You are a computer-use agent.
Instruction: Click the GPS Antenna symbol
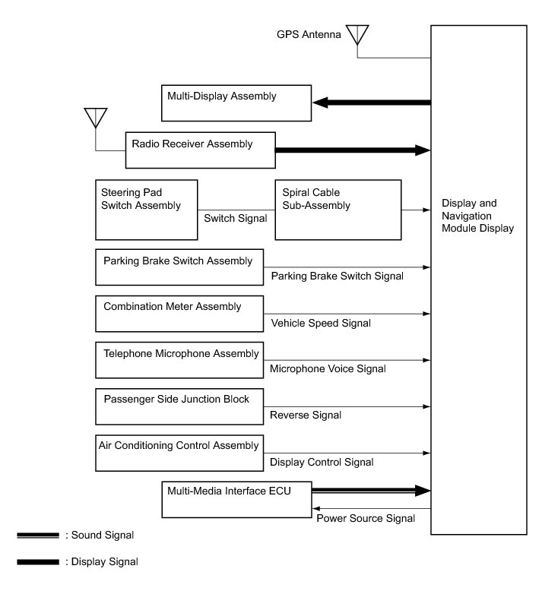(357, 35)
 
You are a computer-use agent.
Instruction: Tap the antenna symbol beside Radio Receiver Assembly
(95, 118)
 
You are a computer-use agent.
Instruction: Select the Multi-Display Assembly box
(236, 103)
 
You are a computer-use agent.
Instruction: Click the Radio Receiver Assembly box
(200, 149)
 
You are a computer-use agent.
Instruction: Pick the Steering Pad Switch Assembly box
(146, 210)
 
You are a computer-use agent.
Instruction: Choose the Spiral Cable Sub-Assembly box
(338, 210)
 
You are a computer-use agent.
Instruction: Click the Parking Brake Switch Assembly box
(179, 267)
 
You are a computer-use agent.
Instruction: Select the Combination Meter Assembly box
(179, 314)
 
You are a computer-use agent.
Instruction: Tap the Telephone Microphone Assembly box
(179, 360)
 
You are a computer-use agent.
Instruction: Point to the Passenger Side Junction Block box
(179, 406)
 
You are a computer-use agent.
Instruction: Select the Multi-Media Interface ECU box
(236, 498)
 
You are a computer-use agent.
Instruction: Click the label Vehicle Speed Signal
(321, 323)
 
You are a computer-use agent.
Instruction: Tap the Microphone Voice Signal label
(328, 369)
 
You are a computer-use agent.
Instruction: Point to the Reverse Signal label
(306, 415)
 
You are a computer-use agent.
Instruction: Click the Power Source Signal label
(365, 518)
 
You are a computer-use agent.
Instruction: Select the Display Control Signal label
(322, 461)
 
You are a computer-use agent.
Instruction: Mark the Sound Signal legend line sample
(37, 536)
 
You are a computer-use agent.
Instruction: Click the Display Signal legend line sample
(37, 562)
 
